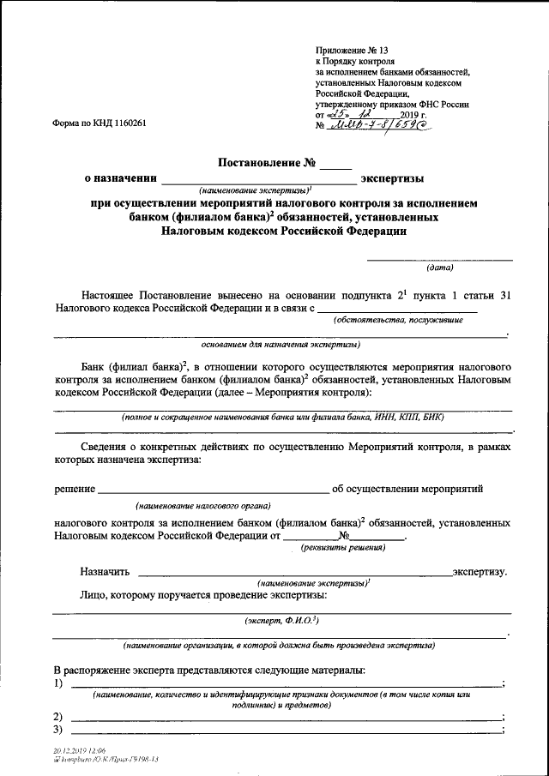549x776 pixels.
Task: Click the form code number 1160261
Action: [127, 123]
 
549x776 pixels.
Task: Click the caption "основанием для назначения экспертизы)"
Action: [281, 345]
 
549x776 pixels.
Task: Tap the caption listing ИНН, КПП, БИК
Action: [283, 417]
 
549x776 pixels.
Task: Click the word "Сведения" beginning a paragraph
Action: [105, 448]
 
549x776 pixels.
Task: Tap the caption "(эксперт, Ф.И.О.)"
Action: [282, 620]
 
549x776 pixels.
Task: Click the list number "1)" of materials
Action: [58, 683]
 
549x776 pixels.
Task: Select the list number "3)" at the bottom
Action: [58, 730]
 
